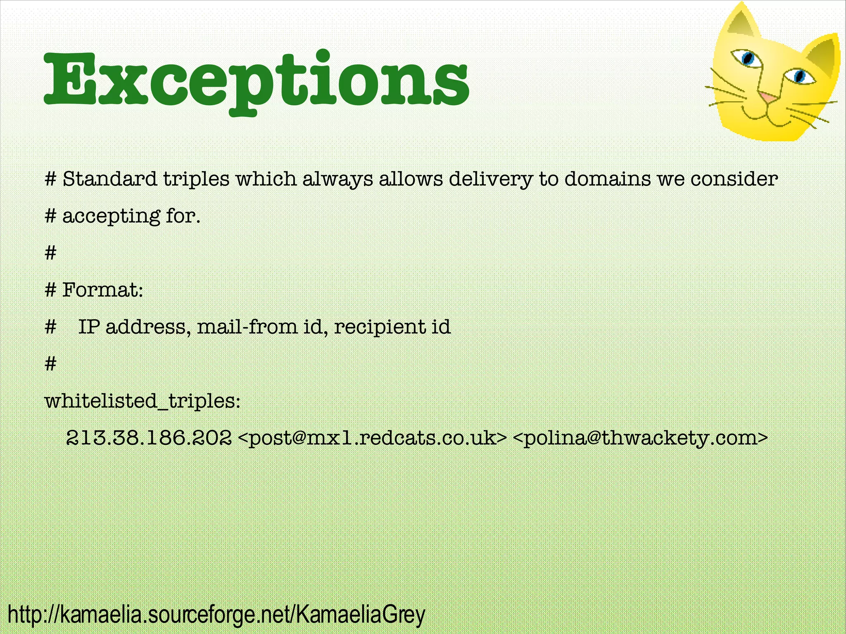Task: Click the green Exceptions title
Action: tap(256, 81)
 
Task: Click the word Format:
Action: tap(102, 290)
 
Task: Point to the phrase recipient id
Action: tap(392, 327)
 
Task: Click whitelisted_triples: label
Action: tap(142, 401)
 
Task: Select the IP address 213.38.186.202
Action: tap(149, 437)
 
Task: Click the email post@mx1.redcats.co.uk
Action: tap(372, 437)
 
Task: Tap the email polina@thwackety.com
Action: tap(640, 437)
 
